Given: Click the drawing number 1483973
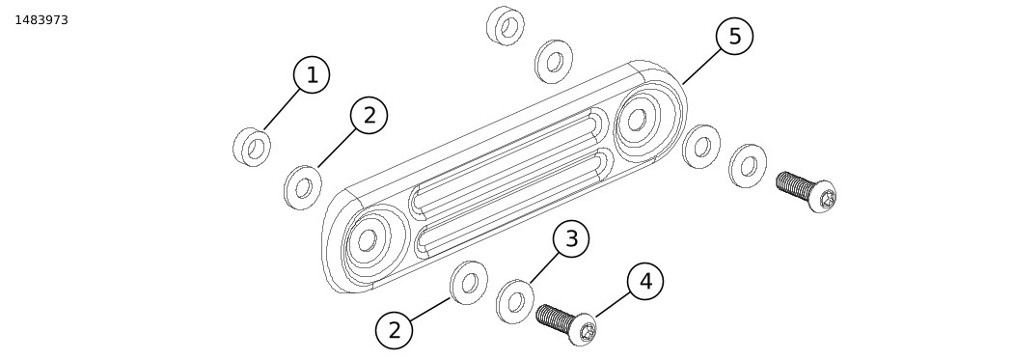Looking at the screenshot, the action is pos(41,20).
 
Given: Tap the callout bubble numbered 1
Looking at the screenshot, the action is pos(312,75).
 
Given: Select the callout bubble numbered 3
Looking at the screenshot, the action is pos(571,238).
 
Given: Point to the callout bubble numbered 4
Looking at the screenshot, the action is pos(645,281).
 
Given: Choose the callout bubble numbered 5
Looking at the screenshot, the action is pos(734,37).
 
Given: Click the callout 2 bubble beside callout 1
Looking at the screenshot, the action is pos(369,116).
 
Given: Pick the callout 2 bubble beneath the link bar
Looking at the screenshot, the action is pos(394,330).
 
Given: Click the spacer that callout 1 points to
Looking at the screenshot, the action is pos(252,148).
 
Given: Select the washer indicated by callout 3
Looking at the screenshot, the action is pos(515,301).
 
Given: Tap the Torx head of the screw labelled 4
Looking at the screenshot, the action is pos(585,330).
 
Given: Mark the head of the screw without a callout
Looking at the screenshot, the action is pos(823,197).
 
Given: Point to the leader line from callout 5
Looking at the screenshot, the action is pos(701,67).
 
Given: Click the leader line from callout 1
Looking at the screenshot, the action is pos(283,109).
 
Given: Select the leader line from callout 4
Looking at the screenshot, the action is pos(613,304).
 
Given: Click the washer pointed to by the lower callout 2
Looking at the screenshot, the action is pos(469,283).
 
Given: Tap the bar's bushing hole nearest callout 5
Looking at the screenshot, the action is pos(637,119).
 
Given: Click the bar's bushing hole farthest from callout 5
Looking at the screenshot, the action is pos(367,239).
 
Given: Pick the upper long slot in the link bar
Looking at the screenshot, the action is pos(503,159).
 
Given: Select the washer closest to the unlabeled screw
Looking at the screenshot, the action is pos(748,166).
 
